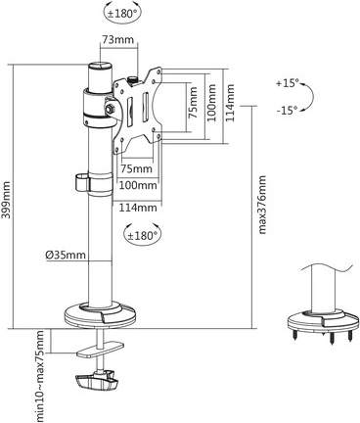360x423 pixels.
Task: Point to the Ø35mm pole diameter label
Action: [65, 257]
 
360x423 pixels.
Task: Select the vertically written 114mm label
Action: [232, 99]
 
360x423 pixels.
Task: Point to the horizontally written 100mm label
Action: [138, 184]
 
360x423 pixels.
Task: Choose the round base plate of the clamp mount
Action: [102, 314]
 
